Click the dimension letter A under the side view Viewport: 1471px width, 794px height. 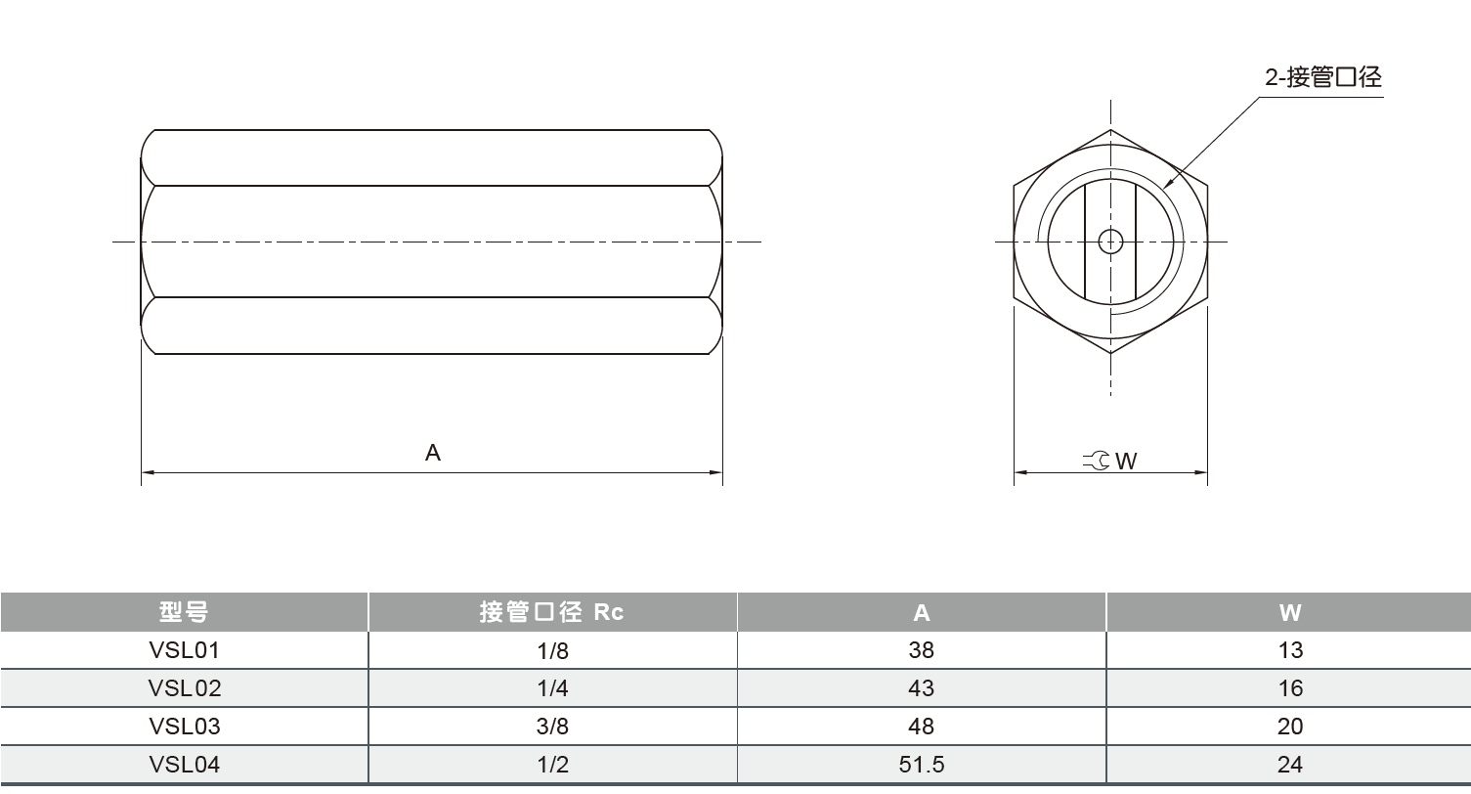[433, 454]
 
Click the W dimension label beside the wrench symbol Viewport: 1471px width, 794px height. [1126, 461]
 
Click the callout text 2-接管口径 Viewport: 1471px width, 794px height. [1323, 78]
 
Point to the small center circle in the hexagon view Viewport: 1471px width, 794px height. [1110, 241]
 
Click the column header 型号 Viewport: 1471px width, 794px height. [184, 612]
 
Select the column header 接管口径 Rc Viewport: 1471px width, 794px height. [551, 612]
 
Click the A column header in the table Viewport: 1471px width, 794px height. [921, 613]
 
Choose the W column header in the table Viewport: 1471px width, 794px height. [1289, 613]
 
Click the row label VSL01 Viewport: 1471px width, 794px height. [185, 650]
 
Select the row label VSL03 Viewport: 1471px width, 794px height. [185, 727]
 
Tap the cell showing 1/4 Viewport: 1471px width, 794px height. [552, 688]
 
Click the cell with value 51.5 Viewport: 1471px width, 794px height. [921, 765]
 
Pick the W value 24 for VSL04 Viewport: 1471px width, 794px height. [1290, 765]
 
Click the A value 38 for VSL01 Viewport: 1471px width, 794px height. [921, 650]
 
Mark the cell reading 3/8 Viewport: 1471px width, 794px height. [552, 727]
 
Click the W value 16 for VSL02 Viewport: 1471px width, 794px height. [1290, 688]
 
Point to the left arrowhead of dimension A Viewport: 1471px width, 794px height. [147, 473]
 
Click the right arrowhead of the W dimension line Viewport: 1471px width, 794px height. [1203, 473]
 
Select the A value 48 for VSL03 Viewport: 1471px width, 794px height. [921, 727]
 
